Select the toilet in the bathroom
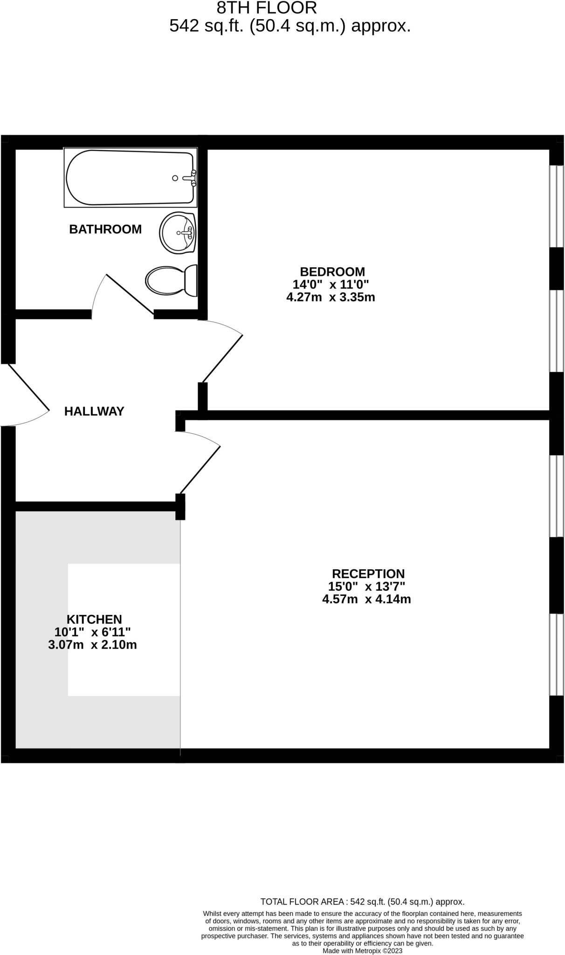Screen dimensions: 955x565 click(171, 281)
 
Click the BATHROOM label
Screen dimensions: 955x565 click(105, 229)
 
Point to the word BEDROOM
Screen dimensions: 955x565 click(332, 271)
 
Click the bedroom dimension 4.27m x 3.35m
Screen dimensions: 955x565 click(331, 297)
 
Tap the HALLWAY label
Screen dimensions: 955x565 click(94, 411)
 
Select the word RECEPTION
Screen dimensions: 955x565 click(368, 574)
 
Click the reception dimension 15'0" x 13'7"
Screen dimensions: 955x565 click(366, 587)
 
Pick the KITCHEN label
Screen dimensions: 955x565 click(94, 619)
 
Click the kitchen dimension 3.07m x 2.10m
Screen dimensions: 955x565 click(92, 645)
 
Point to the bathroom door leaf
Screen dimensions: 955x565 click(130, 294)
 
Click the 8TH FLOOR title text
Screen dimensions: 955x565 click(267, 8)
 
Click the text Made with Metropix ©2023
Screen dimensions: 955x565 click(362, 951)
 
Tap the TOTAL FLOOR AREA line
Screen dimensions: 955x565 click(362, 902)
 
